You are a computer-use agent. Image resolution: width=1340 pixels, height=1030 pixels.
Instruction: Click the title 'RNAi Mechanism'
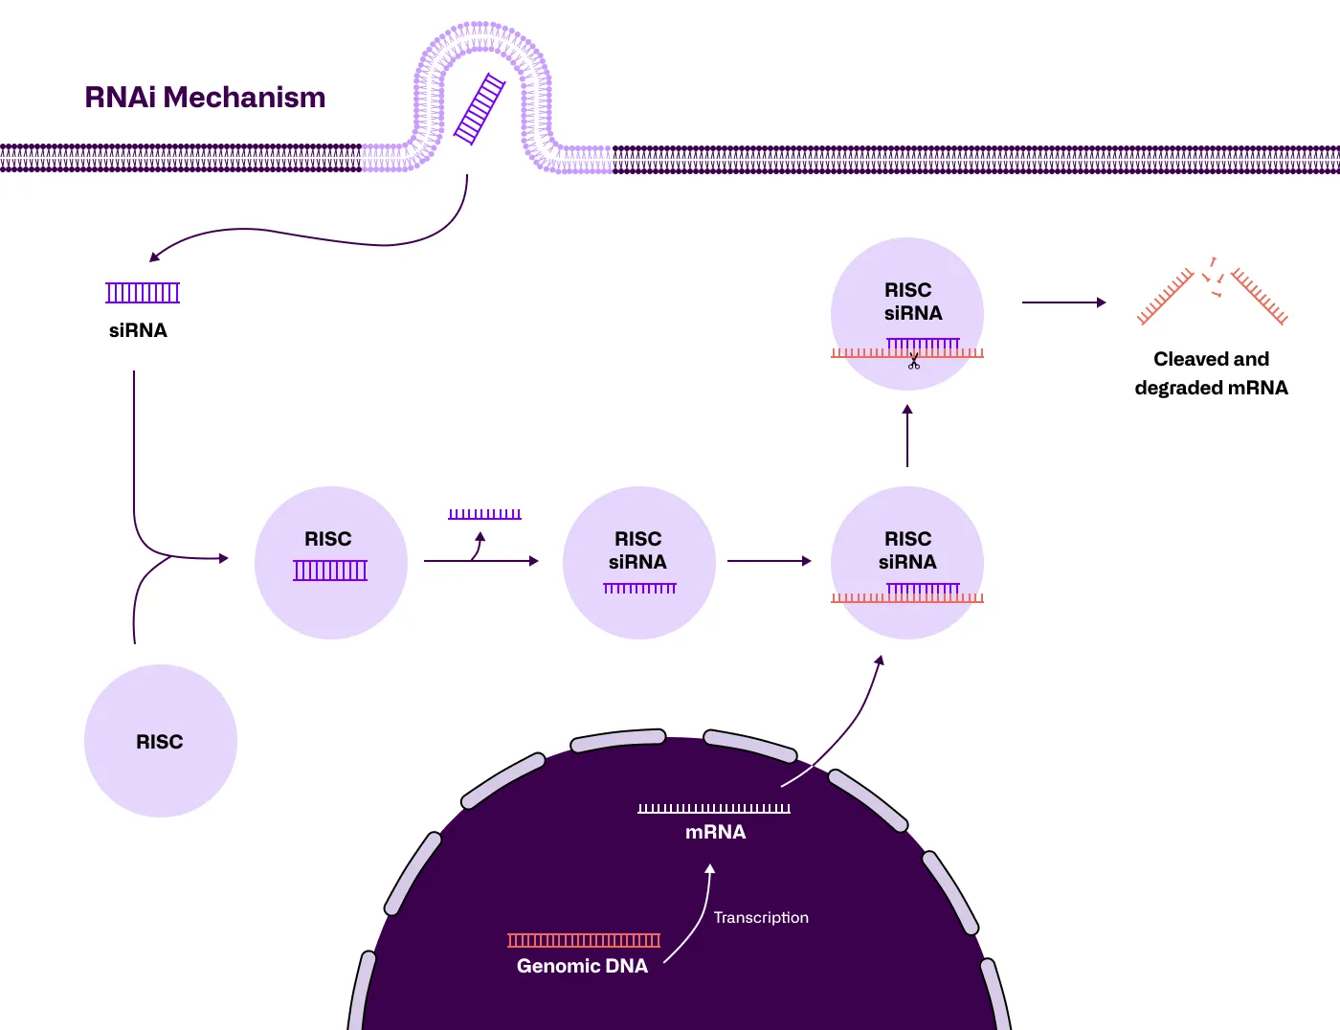[205, 98]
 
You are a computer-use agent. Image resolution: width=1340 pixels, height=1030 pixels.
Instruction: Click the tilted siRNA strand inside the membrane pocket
[480, 109]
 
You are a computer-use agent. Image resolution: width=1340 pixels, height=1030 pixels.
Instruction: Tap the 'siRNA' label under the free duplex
[138, 330]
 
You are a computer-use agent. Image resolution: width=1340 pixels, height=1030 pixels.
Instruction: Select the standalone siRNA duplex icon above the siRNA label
[143, 293]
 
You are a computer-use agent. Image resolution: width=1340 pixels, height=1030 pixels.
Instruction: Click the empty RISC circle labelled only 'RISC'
[160, 741]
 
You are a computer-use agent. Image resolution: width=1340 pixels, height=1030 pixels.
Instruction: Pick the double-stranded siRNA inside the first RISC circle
[330, 571]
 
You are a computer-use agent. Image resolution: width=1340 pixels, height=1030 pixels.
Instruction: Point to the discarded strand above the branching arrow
[484, 514]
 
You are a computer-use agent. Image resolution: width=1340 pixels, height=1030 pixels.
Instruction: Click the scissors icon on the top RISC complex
[914, 362]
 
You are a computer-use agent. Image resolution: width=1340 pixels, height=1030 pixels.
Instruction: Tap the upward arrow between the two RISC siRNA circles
[907, 436]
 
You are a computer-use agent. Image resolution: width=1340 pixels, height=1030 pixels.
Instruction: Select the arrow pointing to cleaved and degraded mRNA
[1063, 302]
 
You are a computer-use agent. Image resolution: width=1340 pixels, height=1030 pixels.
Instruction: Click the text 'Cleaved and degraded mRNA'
[1211, 373]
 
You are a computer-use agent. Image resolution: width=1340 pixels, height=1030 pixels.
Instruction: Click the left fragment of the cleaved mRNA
[1165, 298]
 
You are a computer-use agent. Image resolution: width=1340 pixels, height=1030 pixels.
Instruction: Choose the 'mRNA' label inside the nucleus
[715, 832]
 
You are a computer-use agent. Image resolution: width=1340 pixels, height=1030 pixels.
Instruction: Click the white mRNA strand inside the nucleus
[714, 809]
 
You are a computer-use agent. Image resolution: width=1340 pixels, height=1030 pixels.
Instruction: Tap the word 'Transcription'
[761, 917]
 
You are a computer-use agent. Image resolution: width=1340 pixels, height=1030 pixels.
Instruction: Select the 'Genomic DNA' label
[582, 966]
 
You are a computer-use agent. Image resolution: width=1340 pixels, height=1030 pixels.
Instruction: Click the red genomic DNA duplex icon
[584, 940]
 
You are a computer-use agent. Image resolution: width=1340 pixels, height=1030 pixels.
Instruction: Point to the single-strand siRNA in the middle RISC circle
[639, 588]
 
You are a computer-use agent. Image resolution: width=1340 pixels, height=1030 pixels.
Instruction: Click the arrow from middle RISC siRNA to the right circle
[769, 561]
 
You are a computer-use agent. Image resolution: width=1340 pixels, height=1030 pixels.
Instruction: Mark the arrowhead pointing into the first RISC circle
[224, 558]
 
